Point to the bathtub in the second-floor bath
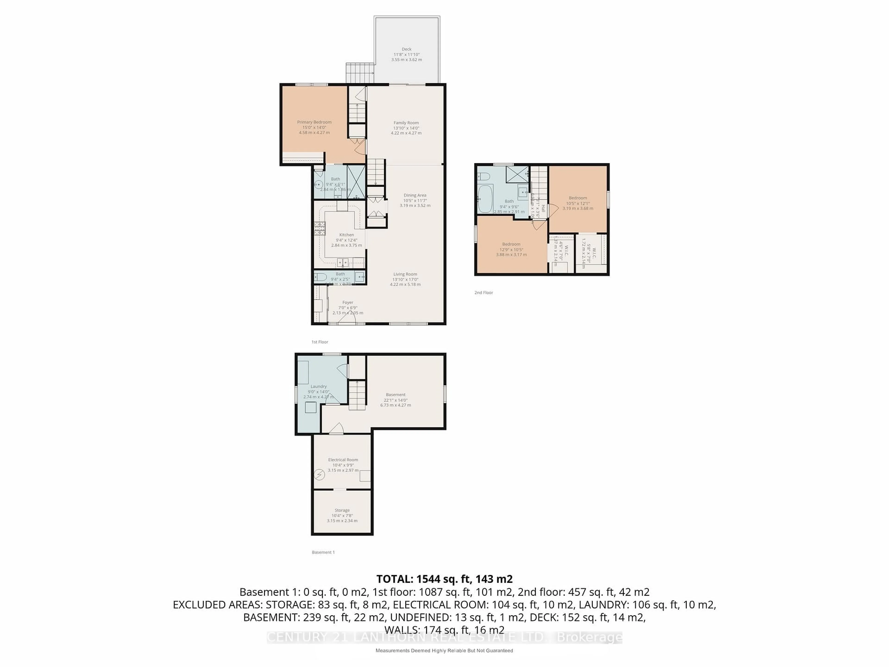[485, 199]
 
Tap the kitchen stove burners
[319, 228]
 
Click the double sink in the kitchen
[342, 263]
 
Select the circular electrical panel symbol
[319, 475]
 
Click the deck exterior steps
[360, 73]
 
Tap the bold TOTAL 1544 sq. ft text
[444, 579]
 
